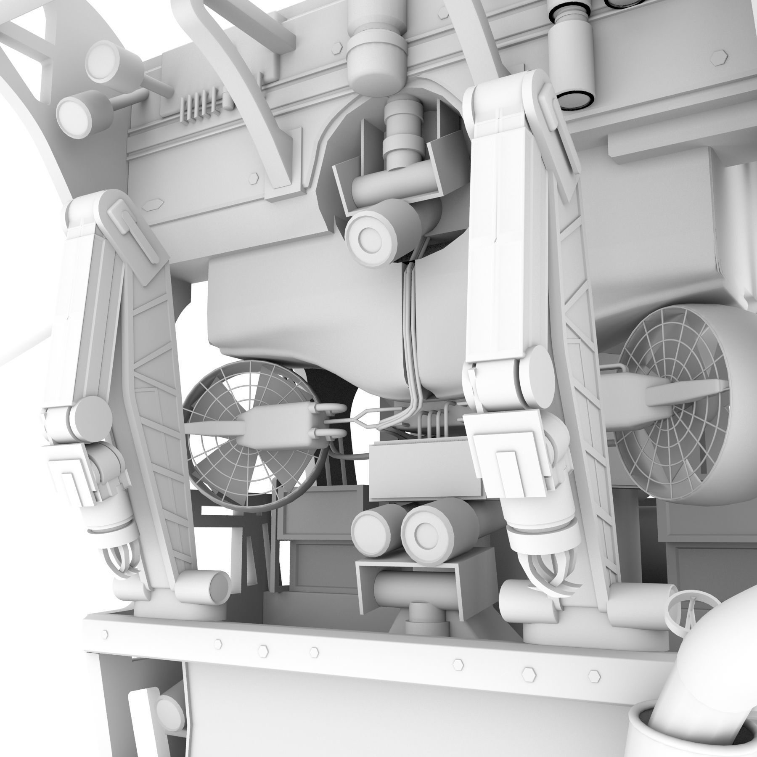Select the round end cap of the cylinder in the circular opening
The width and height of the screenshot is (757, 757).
[x=364, y=238]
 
